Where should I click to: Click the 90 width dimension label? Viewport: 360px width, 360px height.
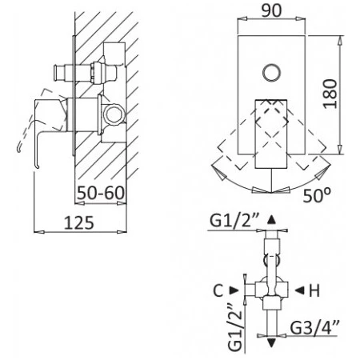click(271, 11)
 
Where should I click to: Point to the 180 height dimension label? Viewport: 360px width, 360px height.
click(330, 94)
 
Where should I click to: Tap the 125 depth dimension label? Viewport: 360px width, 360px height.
click(79, 223)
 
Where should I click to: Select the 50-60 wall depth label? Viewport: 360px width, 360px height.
click(101, 193)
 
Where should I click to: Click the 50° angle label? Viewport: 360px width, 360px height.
click(317, 195)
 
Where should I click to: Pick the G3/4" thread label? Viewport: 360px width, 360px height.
click(314, 328)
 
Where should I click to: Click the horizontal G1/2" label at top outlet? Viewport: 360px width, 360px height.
click(234, 221)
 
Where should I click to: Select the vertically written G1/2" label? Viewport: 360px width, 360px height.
click(235, 327)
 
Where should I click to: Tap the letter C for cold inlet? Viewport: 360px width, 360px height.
click(218, 290)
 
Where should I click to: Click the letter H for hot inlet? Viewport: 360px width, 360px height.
click(314, 290)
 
